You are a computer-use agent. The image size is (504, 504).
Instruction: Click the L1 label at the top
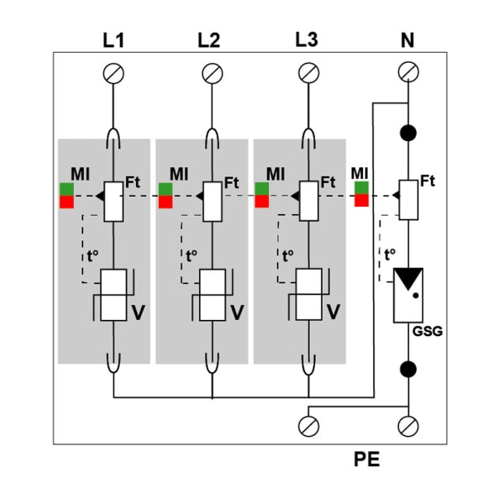tap(113, 40)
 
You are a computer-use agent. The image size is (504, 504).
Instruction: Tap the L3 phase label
tap(307, 39)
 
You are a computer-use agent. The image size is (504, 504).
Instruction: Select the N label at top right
tap(407, 40)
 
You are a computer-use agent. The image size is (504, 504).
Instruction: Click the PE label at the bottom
tap(367, 459)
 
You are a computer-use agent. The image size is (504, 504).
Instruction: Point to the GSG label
tap(428, 331)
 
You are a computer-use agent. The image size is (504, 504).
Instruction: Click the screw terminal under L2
tap(213, 73)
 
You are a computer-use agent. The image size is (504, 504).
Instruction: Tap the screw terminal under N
tap(408, 72)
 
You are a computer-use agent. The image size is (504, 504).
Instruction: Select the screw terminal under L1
tap(113, 73)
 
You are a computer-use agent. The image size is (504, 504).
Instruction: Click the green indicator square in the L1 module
tap(67, 189)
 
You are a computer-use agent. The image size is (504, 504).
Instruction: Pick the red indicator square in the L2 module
tap(165, 202)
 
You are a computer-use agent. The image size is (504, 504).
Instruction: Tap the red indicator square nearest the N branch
tap(361, 200)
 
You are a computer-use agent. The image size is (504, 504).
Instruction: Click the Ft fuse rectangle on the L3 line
tap(309, 201)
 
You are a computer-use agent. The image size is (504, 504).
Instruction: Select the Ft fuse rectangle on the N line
tap(408, 200)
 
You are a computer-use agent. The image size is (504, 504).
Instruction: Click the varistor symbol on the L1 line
tap(113, 295)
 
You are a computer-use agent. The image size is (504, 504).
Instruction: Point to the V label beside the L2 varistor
tap(237, 312)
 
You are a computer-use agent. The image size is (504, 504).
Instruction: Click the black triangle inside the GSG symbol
tap(408, 278)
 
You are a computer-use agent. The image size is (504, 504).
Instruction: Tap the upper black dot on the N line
tap(408, 133)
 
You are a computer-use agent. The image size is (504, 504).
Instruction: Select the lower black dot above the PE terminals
tap(408, 369)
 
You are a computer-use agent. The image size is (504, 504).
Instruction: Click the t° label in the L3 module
tap(287, 256)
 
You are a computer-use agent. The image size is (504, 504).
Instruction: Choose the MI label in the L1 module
tap(80, 174)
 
